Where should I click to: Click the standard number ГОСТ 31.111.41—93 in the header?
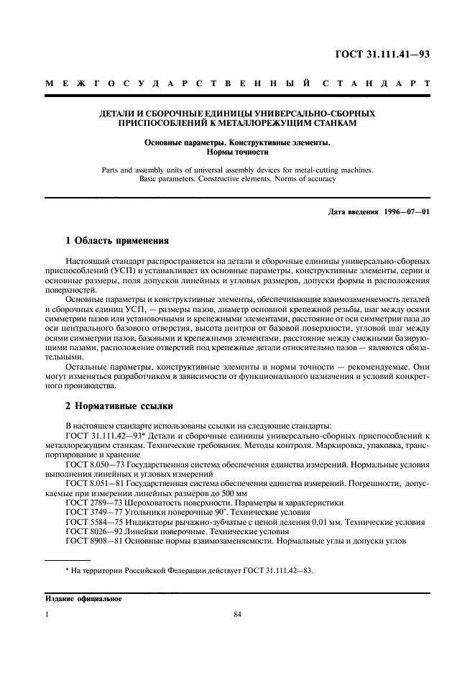(x=382, y=54)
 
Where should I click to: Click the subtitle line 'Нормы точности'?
(x=237, y=152)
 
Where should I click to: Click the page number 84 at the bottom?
(x=237, y=615)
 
